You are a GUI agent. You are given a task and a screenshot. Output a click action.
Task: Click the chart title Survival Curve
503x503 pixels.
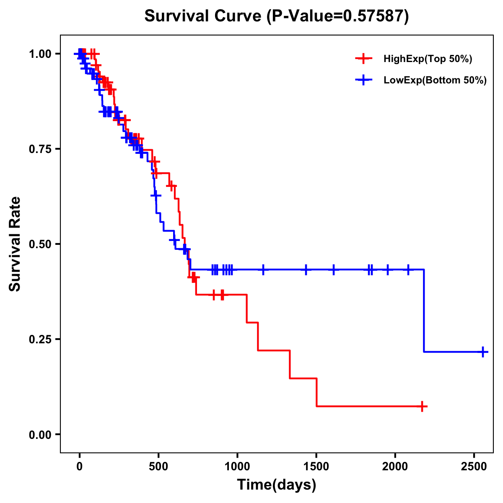coord(276,16)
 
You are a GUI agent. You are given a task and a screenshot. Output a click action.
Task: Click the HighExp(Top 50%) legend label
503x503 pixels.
coord(428,59)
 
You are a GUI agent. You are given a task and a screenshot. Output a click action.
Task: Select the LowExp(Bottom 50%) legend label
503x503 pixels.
coord(435,80)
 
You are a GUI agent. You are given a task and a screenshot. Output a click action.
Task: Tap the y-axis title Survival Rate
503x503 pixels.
coord(15,244)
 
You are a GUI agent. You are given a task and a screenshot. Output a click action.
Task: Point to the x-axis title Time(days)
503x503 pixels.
coord(277,485)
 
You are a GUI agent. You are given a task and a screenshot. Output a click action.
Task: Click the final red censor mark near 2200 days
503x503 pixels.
coord(423,406)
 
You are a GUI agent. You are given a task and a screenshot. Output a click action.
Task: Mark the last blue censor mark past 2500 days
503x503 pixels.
coord(483,352)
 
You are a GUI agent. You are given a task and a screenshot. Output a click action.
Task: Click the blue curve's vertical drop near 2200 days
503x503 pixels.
coord(424,310)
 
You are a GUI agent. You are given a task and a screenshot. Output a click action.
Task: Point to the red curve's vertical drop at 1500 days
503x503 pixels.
coord(316,392)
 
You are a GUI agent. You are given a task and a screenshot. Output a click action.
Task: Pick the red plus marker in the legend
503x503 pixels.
coord(364,59)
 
